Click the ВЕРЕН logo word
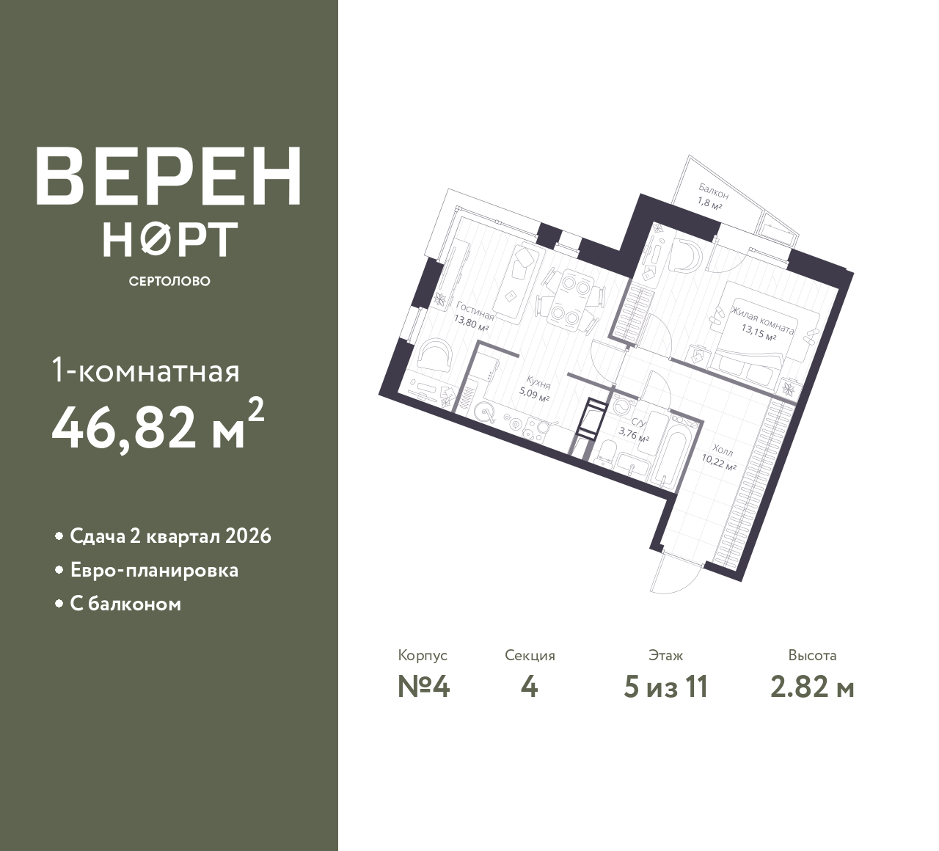point(169,176)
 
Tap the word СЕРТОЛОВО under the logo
point(169,281)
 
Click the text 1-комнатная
point(145,372)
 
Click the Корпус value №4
point(423,687)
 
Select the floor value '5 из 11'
point(665,687)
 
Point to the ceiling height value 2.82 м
point(812,687)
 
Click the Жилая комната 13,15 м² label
point(761,323)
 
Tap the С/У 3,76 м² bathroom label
point(635,430)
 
